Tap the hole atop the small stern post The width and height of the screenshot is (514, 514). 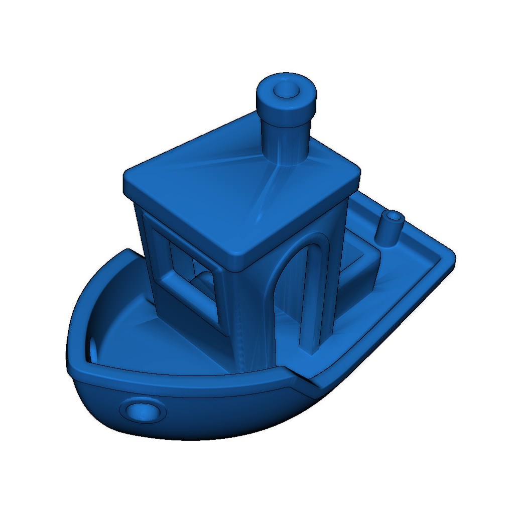[394, 216]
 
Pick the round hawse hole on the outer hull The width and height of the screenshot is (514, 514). [143, 411]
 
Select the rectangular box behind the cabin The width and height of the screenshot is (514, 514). [359, 266]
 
